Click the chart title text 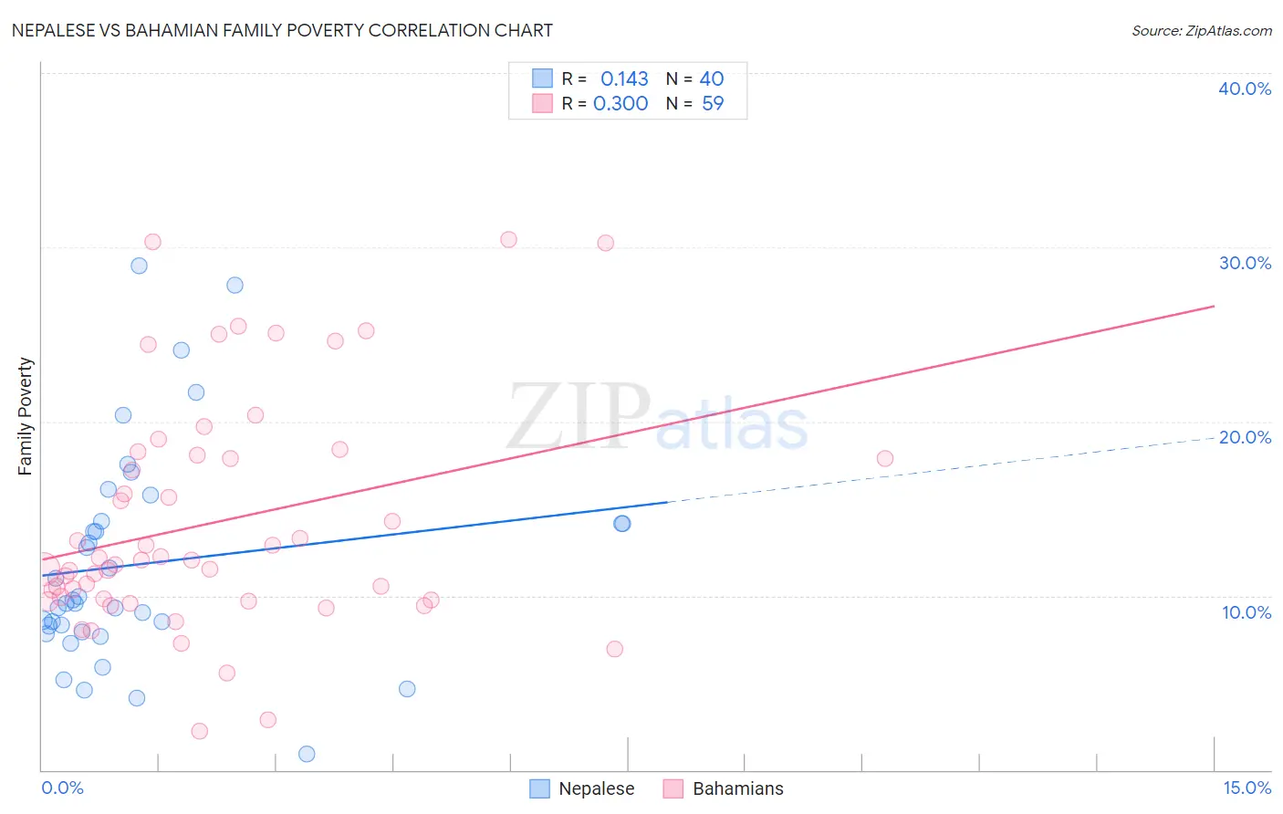point(282,30)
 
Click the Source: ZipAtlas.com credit point(1201,30)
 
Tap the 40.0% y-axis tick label point(1245,89)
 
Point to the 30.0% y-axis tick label point(1245,263)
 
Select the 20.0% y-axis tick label point(1245,437)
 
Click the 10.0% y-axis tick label point(1246,612)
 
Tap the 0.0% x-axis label point(62,788)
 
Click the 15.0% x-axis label point(1246,788)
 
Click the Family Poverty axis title point(26,416)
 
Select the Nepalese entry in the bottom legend point(596,788)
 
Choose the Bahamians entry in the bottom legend point(737,788)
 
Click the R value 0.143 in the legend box point(624,79)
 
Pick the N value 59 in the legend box point(713,104)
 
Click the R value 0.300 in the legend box point(621,104)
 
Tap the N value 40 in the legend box point(712,79)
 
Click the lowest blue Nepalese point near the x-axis point(307,754)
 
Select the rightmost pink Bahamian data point point(884,458)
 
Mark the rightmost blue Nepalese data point point(621,523)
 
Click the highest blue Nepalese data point point(139,266)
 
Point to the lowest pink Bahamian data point point(199,731)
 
